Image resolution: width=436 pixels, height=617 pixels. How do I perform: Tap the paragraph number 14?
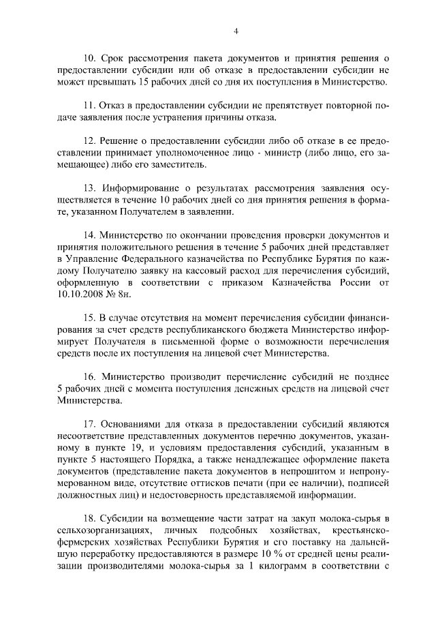pos(90,235)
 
